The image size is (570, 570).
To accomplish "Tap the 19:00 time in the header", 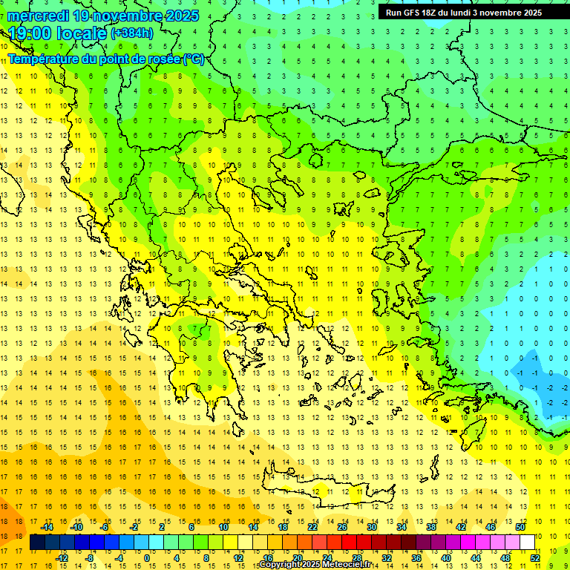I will [x=30, y=33].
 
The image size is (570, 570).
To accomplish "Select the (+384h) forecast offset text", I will [x=132, y=34].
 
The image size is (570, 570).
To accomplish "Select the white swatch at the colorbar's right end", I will [x=527, y=543].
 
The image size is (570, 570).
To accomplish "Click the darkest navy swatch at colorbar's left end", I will [x=37, y=543].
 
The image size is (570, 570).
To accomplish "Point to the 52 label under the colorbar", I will [x=535, y=558].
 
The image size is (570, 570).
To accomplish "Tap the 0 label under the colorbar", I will [x=146, y=558].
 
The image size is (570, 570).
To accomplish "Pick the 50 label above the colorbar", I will [x=520, y=527].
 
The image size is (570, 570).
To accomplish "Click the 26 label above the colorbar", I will [x=342, y=527].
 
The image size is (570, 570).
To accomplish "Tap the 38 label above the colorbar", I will [x=430, y=527].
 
